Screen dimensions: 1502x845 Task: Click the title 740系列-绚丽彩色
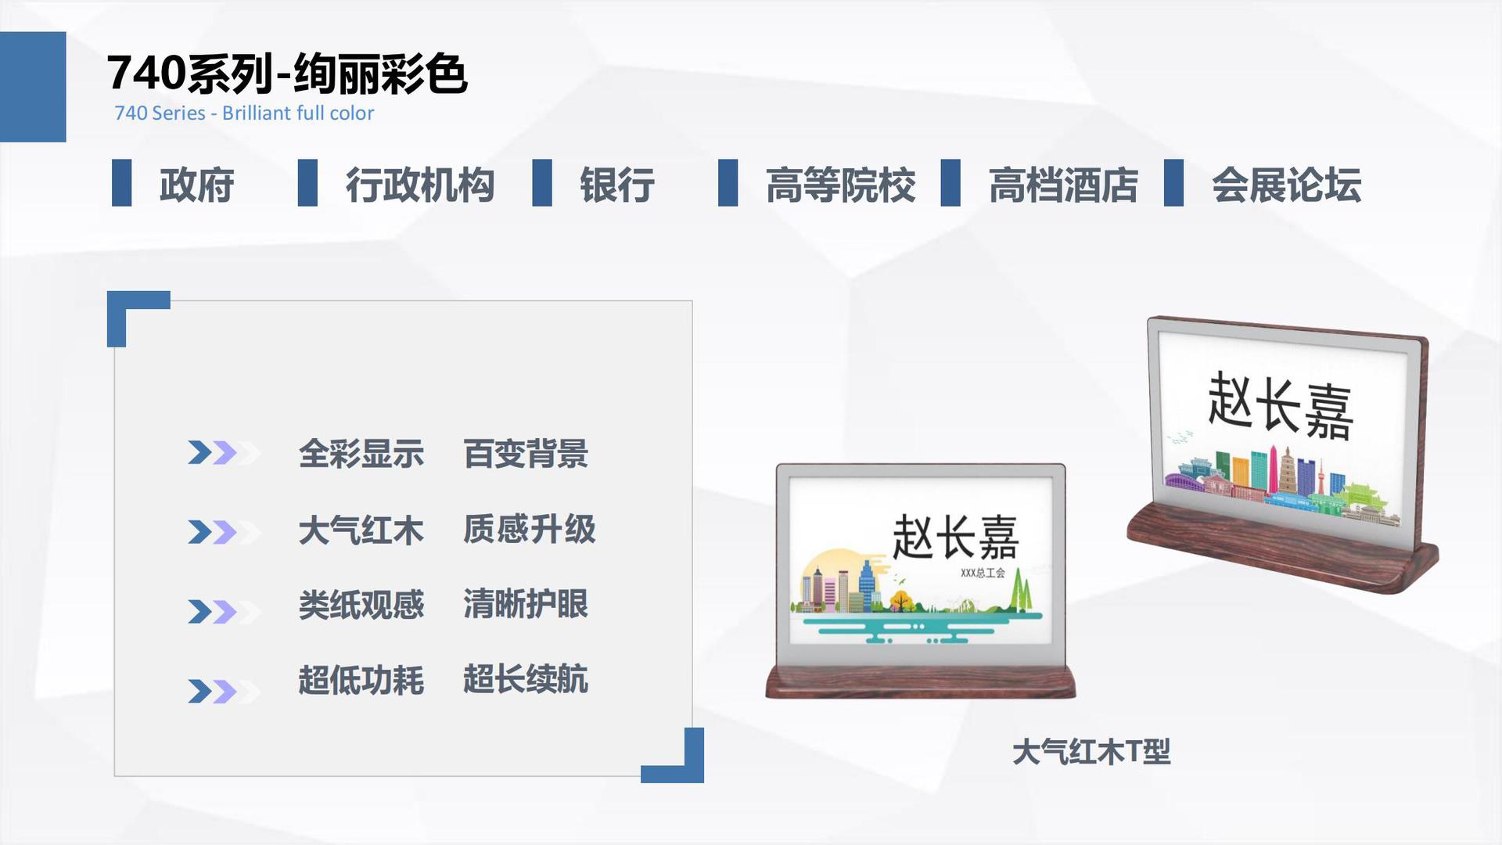287,74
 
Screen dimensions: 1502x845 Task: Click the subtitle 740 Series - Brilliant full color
244,113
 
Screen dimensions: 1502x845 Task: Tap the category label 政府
197,185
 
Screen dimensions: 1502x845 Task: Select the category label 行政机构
420,185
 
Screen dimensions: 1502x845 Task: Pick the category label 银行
617,185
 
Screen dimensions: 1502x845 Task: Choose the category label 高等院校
840,185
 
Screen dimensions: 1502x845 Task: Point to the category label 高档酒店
1063,185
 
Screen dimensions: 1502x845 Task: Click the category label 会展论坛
1287,185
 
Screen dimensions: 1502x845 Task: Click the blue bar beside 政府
121,183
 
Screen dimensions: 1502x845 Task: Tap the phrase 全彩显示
361,454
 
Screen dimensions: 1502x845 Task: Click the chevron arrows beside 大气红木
224,532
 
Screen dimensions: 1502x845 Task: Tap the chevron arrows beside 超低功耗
224,692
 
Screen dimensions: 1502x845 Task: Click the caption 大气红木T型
1091,752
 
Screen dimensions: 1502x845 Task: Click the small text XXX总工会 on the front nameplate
983,574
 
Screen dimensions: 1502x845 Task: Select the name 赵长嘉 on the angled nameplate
1281,405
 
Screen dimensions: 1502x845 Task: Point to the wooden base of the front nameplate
921,681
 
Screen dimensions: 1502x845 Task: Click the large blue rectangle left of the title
33,87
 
